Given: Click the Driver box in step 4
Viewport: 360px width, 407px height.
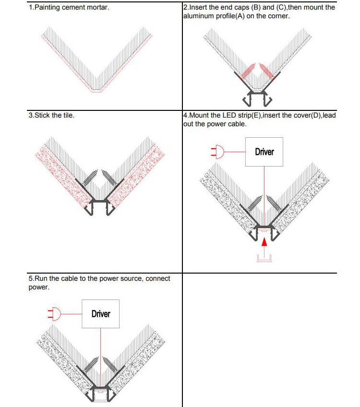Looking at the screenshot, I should click(x=264, y=152).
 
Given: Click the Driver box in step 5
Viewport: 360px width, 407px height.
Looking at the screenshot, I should click(x=100, y=314).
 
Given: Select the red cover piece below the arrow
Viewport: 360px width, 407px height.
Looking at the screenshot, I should click(x=264, y=259).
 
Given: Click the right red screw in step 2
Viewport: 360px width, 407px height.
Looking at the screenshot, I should click(x=266, y=70).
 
